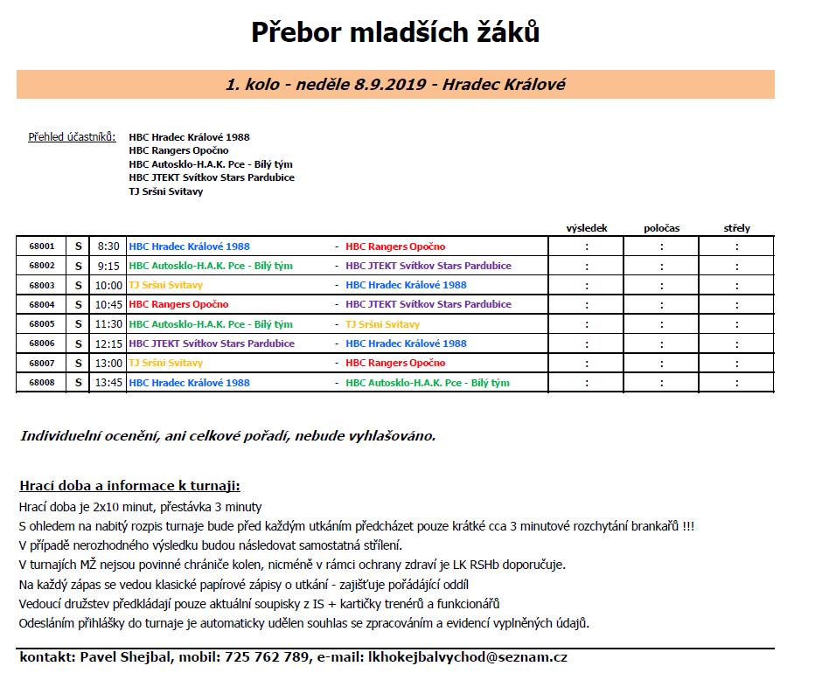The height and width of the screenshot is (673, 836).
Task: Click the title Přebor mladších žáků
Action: click(x=395, y=32)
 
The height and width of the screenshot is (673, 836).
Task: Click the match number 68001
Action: click(x=41, y=246)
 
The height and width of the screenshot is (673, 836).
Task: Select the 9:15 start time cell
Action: click(x=108, y=266)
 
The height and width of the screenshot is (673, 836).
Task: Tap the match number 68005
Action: click(x=41, y=324)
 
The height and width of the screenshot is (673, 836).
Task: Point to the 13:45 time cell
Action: click(x=108, y=383)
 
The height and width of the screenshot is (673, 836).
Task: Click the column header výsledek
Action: click(x=587, y=228)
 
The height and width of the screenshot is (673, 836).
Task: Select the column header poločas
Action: click(x=661, y=228)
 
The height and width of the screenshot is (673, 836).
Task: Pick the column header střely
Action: click(x=736, y=228)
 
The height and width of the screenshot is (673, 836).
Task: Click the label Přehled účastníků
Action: click(x=72, y=137)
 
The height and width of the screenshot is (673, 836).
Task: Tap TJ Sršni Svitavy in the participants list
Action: click(x=165, y=191)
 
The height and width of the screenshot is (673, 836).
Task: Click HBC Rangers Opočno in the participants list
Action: click(x=178, y=150)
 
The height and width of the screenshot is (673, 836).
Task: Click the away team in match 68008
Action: click(x=427, y=383)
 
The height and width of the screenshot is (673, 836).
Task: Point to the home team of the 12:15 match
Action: click(x=212, y=343)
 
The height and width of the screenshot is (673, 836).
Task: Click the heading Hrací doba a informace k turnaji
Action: click(x=129, y=486)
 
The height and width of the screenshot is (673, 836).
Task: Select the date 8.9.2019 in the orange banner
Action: click(x=391, y=85)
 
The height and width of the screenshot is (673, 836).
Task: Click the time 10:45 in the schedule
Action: click(x=108, y=305)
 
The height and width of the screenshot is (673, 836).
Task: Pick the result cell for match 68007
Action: click(x=587, y=364)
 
